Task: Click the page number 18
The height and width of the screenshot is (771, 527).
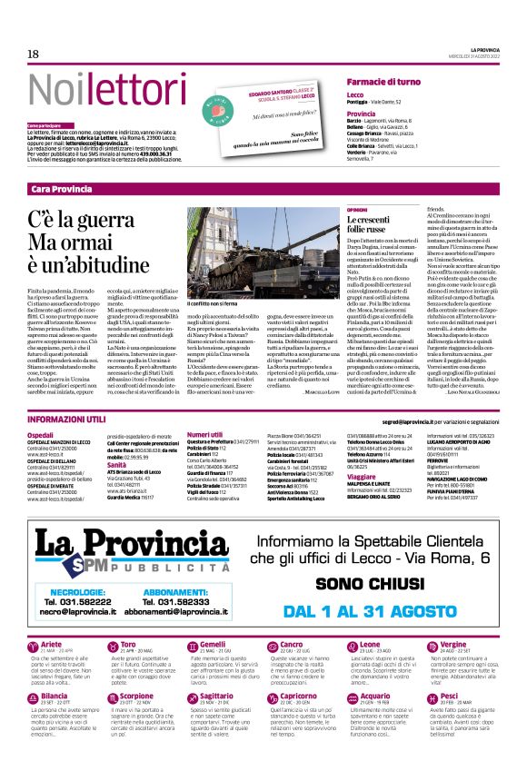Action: [x=32, y=54]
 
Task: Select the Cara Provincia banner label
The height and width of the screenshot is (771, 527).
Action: [x=61, y=189]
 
